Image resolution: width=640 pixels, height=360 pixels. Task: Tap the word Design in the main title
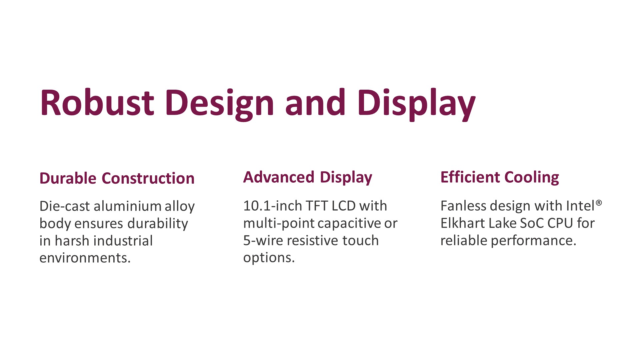tap(219, 105)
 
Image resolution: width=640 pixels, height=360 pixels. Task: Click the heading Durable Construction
tap(117, 178)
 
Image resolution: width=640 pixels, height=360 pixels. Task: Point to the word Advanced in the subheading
tap(279, 177)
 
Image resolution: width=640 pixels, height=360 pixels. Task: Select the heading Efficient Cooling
tap(500, 178)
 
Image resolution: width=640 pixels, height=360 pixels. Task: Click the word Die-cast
tap(65, 206)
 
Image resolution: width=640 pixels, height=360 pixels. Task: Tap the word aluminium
tap(128, 206)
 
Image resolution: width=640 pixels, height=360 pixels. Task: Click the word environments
tap(85, 258)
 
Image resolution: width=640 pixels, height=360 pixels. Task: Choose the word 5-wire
tap(263, 241)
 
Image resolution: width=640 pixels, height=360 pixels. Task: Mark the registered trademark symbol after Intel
tap(599, 202)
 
